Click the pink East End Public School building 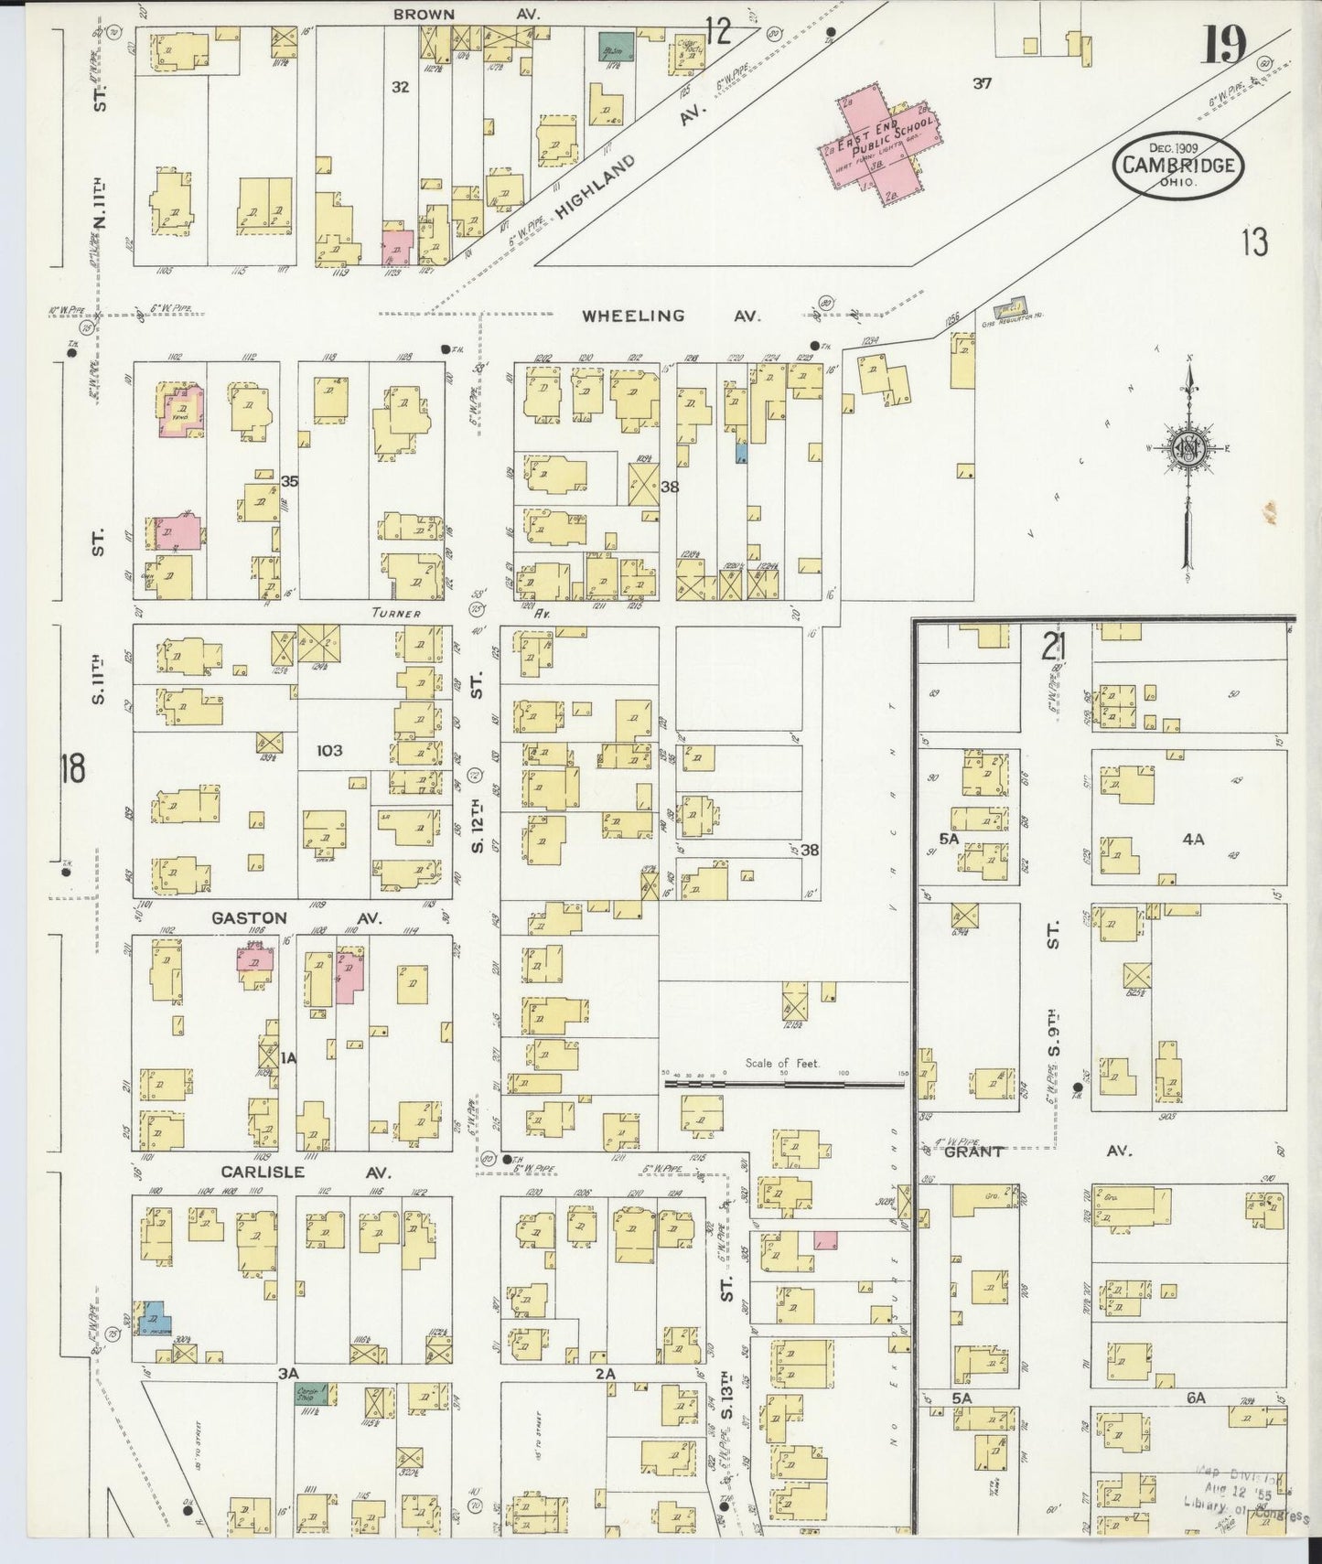[x=880, y=146]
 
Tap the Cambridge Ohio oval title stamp [x=1178, y=165]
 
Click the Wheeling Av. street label [x=672, y=316]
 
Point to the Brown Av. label [x=467, y=14]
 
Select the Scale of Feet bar [x=783, y=1084]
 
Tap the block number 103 [x=328, y=750]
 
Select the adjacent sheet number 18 [x=72, y=768]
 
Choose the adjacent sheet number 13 [x=1254, y=243]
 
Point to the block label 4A [x=1192, y=837]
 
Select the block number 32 [x=400, y=88]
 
